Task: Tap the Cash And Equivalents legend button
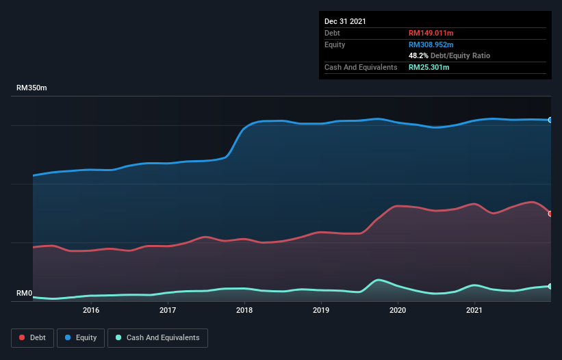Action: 157,337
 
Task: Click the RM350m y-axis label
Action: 32,88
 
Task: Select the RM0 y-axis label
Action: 25,294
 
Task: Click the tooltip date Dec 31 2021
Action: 345,21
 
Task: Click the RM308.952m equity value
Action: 431,44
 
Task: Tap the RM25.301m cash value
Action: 429,67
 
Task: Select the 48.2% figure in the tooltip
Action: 418,55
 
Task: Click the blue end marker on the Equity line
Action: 550,120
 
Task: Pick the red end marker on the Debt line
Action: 550,214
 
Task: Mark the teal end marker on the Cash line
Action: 550,286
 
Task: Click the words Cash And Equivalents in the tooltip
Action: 361,67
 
